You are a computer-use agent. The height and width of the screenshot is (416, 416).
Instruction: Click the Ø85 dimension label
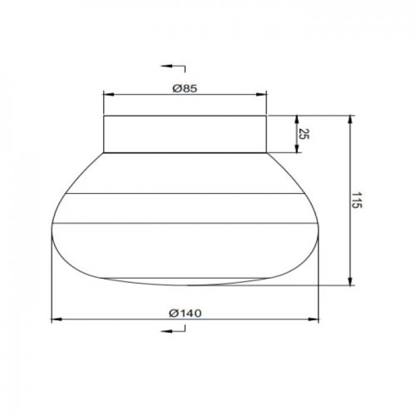(185, 89)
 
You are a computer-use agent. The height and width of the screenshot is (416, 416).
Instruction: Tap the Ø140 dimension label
(186, 314)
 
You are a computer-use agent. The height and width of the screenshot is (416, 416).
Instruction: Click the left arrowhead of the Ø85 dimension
(108, 95)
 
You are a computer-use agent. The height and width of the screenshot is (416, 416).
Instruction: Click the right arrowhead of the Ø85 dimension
(261, 95)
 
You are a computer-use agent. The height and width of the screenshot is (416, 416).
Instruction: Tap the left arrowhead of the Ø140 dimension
(57, 319)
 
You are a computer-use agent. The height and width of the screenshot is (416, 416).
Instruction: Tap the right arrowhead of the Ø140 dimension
(314, 319)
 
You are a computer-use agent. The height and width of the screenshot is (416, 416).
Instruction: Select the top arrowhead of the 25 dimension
(297, 121)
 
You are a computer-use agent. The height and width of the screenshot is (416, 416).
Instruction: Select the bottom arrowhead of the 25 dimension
(297, 147)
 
